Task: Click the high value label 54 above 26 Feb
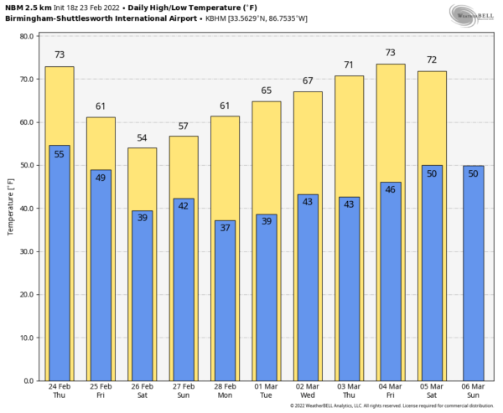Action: coord(143,137)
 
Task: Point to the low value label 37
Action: coord(226,228)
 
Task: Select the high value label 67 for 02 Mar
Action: coord(308,81)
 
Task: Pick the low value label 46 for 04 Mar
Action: coord(391,190)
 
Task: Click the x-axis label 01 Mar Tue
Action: coord(267,392)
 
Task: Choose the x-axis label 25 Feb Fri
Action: coord(101,392)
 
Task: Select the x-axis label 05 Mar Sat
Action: coord(432,392)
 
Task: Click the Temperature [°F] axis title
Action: coord(11,207)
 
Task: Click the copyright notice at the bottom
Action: coord(392,406)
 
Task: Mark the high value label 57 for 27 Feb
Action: coord(184,126)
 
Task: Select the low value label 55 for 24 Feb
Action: coord(60,154)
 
